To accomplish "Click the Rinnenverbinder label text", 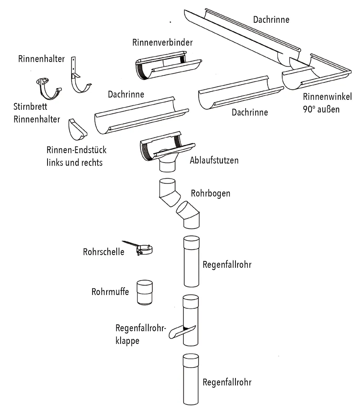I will tap(162, 42).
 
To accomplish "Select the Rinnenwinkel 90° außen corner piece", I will tap(317, 74).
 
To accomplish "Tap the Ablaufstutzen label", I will tap(214, 160).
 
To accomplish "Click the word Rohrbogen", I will tap(211, 193).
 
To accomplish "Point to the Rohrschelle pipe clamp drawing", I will tap(144, 249).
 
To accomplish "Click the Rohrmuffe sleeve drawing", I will tap(145, 292).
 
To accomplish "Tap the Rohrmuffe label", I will tap(110, 291).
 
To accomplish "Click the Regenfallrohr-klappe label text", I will tap(140, 334).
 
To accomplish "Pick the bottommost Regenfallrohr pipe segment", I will tap(191, 380).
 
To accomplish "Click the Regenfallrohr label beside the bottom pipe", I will tap(227, 382).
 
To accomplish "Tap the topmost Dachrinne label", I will tap(271, 19).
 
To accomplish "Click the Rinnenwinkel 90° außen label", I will tap(327, 102).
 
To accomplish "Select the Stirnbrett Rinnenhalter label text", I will tap(37, 113).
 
